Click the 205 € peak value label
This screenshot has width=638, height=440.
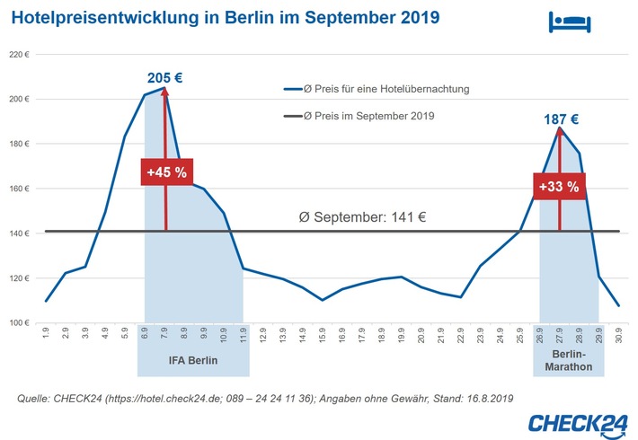tap(165, 77)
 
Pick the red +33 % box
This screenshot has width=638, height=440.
tap(559, 187)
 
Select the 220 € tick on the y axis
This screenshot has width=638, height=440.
tap(21, 55)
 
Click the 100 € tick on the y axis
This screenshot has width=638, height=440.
tap(21, 322)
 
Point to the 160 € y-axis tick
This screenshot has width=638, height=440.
tap(21, 189)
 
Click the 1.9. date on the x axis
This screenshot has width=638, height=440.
tap(45, 333)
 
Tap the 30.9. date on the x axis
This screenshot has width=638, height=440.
tap(618, 333)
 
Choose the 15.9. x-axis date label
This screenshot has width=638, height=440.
tap(322, 333)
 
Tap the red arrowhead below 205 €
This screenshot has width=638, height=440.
tap(165, 92)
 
